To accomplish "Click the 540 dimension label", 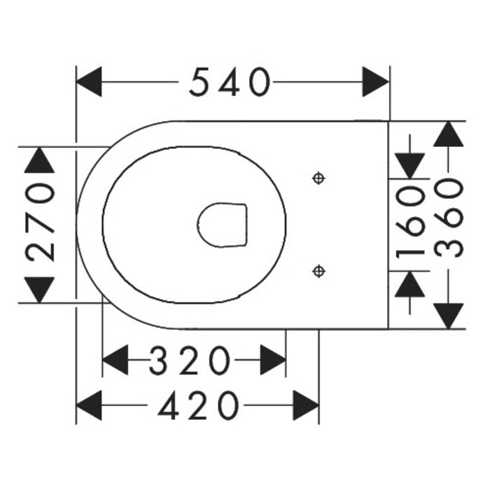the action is point(230,82).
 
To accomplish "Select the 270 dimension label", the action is point(41,222).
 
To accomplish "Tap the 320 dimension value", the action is point(190,360).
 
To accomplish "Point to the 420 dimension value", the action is point(198,405).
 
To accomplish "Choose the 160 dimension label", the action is point(410,222).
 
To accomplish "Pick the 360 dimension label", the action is point(449,218).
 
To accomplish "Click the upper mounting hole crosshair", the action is point(318,178).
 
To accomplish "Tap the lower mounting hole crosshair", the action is point(318,271).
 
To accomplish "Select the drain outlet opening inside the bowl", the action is point(222,225).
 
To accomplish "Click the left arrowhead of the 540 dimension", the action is point(89,82).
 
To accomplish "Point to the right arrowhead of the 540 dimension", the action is point(376,82).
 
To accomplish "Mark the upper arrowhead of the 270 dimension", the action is point(40,160).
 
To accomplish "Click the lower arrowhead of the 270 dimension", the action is point(40,290).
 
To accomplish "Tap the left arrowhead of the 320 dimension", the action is point(115,360).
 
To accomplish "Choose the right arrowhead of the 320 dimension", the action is point(273,360).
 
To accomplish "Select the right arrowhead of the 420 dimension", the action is point(306,405).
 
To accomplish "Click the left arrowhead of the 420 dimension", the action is point(89,405).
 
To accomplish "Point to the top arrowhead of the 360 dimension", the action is point(449,134).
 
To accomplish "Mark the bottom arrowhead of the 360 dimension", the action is point(449,316).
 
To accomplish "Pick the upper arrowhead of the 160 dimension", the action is point(410,166).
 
